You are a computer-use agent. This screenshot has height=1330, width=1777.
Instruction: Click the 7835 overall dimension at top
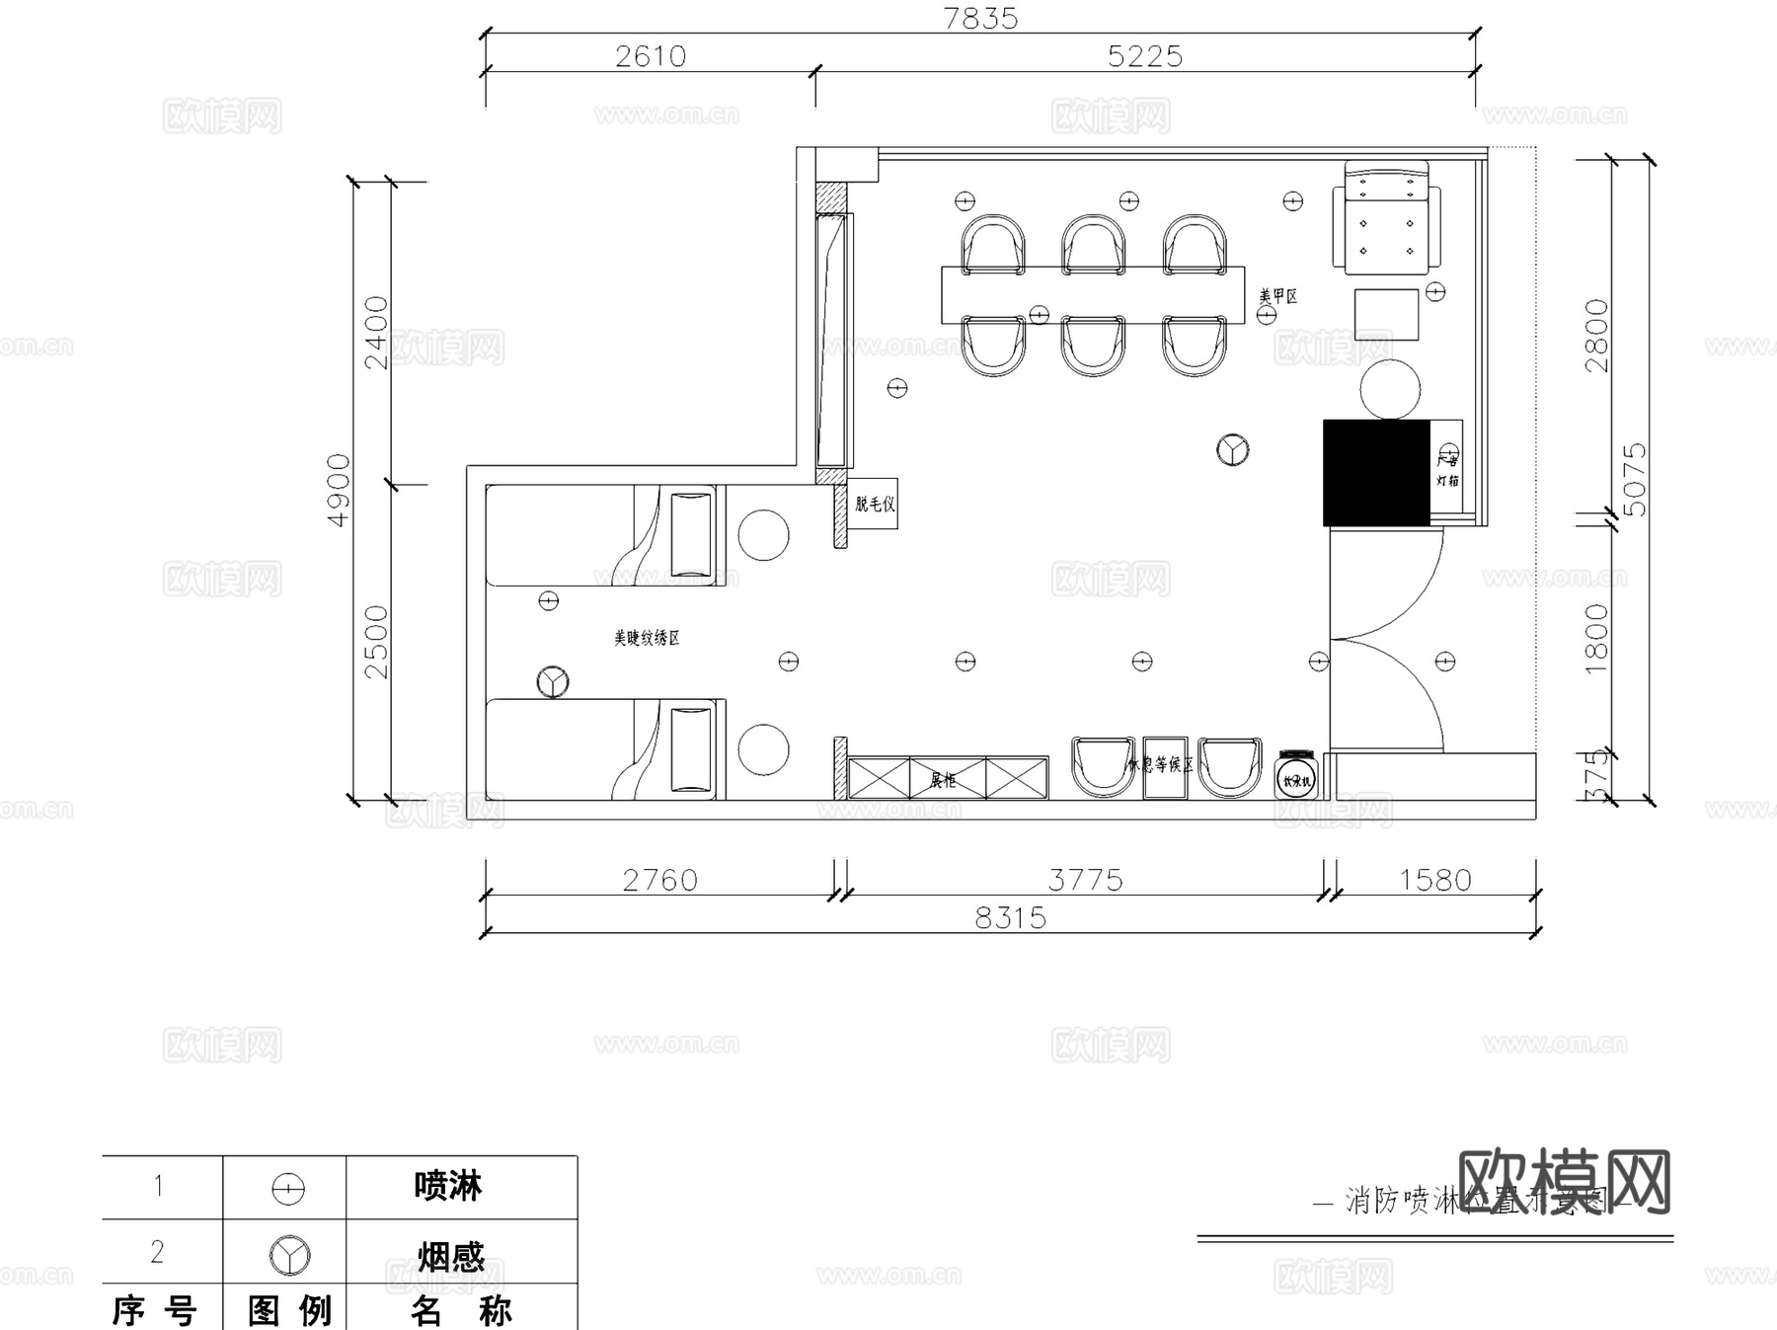[980, 19]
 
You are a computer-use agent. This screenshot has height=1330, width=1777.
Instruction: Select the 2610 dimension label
[651, 56]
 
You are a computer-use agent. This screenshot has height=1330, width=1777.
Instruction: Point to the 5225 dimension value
[1145, 56]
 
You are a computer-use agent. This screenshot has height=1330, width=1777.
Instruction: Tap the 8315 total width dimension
[1010, 918]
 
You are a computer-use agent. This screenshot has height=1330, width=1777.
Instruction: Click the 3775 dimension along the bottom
[1085, 880]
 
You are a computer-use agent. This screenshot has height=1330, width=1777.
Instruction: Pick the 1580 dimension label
[1434, 880]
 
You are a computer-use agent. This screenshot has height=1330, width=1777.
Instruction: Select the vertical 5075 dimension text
[1635, 480]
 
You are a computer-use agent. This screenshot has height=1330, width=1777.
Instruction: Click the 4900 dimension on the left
[339, 490]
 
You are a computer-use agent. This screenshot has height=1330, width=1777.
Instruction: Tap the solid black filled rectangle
[1376, 473]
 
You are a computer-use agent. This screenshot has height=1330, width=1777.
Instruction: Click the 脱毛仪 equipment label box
[874, 505]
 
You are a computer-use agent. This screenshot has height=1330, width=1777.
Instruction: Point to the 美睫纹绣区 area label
[647, 638]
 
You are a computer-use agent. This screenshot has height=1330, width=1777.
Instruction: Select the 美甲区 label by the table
[1277, 295]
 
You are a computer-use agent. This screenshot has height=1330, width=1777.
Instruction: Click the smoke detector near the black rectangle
[1232, 450]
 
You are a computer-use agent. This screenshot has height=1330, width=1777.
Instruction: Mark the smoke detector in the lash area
[553, 681]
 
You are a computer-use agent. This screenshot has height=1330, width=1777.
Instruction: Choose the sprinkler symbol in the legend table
[287, 1189]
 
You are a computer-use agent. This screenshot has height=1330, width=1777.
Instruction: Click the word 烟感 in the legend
[450, 1256]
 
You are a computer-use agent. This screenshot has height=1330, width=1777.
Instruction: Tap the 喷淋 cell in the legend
[448, 1186]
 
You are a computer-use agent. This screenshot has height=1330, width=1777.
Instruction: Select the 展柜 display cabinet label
[943, 780]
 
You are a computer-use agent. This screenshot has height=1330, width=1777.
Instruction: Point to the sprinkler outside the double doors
[1445, 661]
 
